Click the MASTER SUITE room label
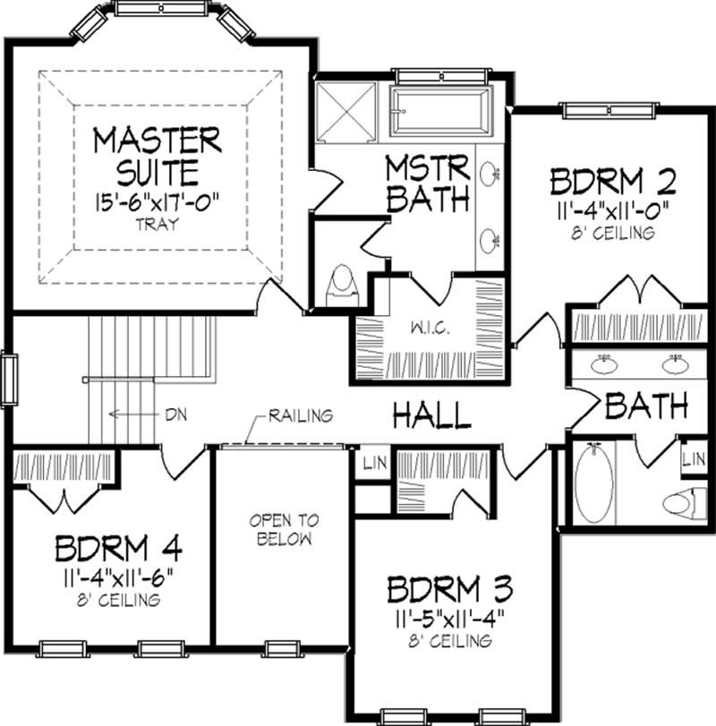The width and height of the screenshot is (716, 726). (158, 155)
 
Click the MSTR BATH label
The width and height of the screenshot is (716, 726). (428, 184)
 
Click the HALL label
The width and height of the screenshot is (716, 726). (433, 414)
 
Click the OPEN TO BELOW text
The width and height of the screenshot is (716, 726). (284, 529)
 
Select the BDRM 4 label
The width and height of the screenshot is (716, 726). (111, 548)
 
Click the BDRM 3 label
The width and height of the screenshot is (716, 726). (450, 590)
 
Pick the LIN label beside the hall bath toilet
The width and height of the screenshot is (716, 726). (693, 459)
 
